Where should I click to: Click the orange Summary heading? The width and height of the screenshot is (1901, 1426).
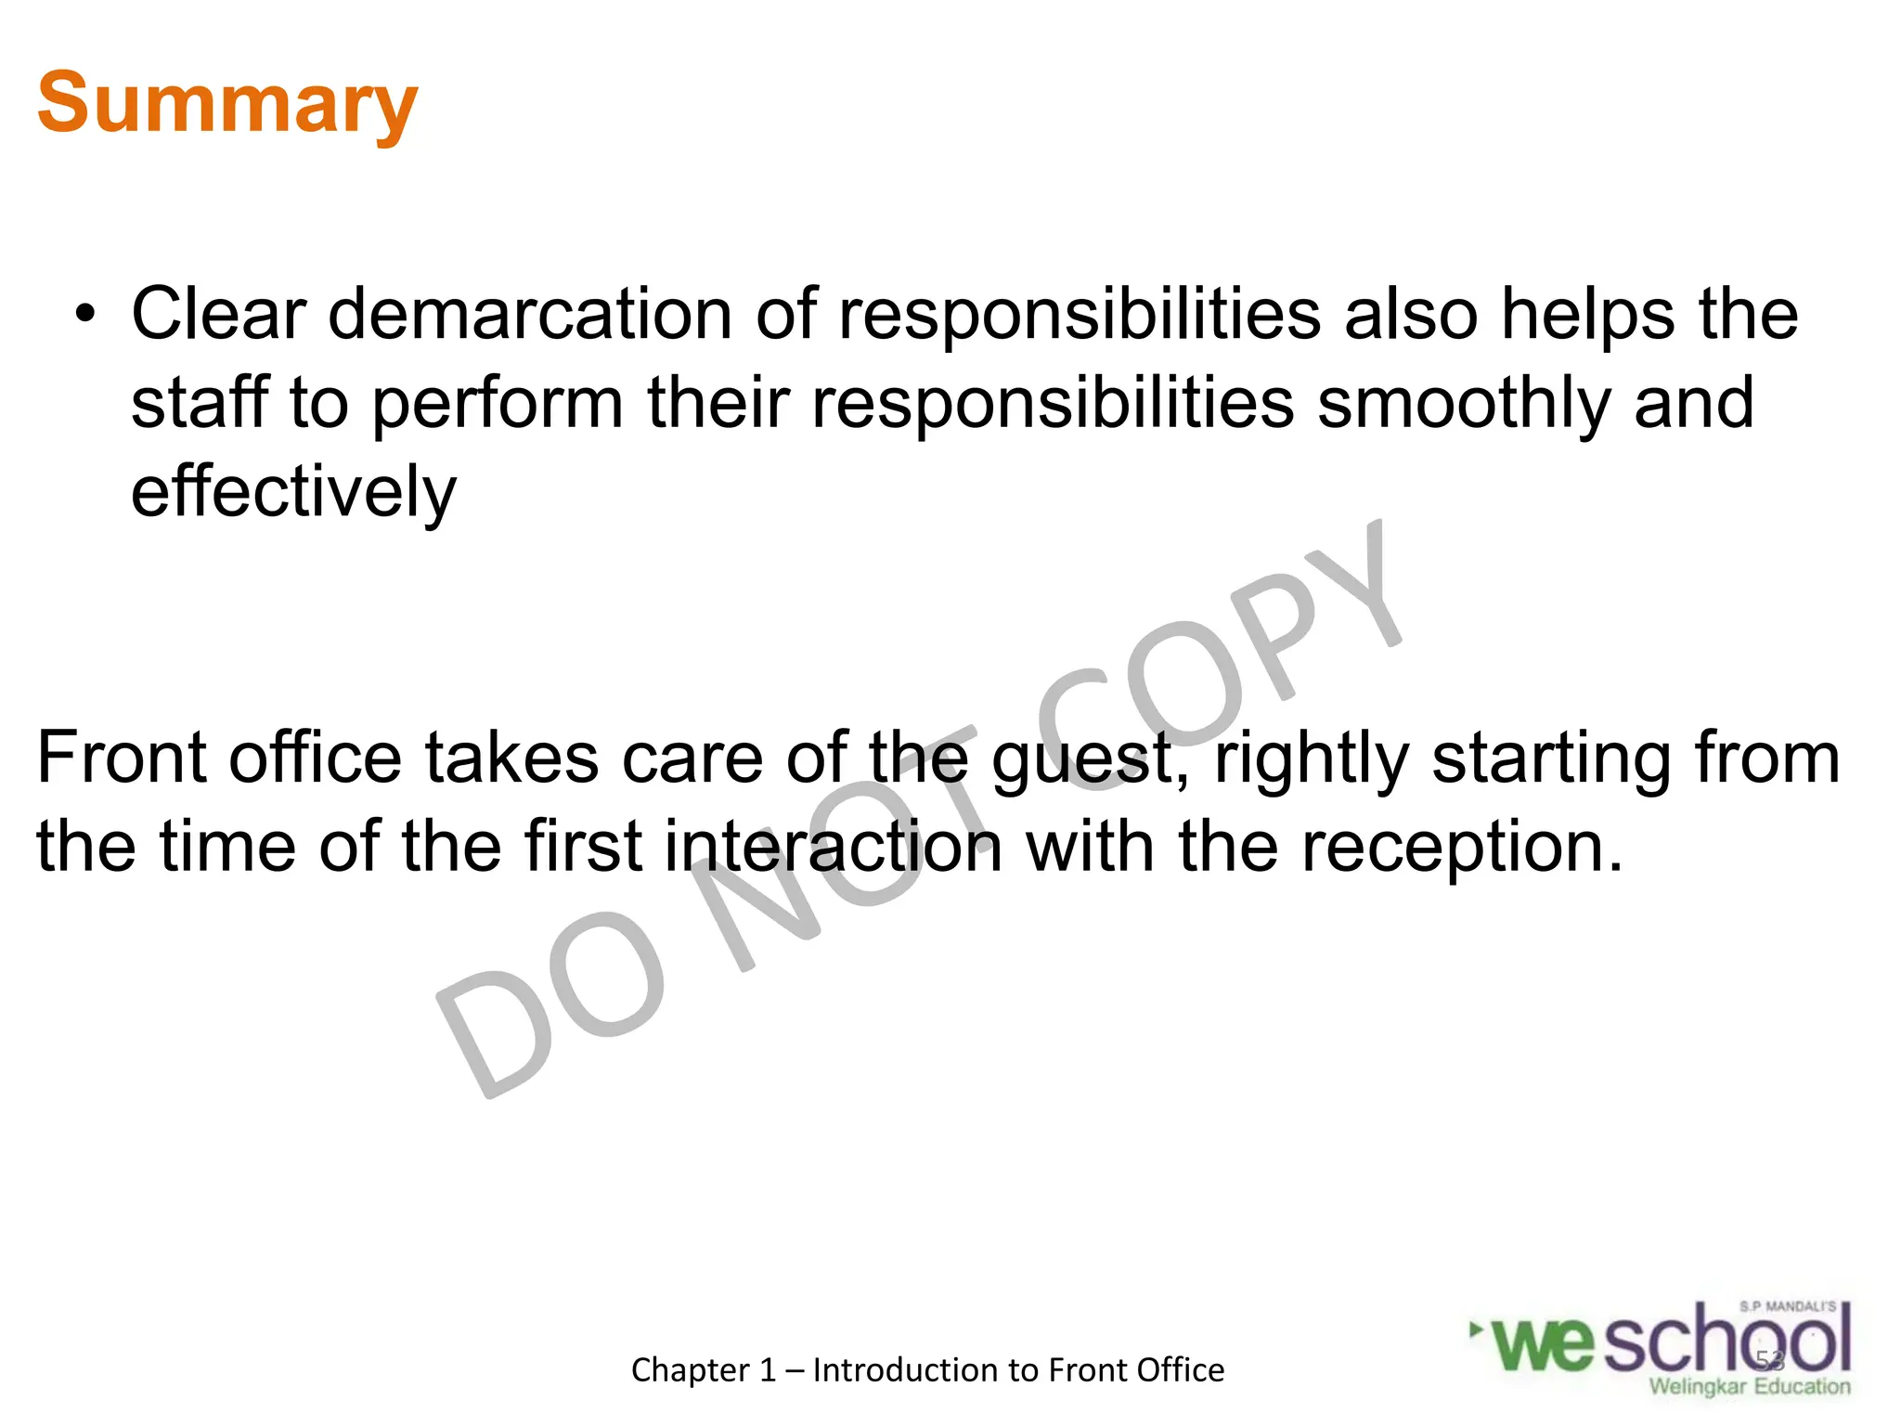[227, 104]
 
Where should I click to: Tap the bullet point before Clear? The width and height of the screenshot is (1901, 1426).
[85, 316]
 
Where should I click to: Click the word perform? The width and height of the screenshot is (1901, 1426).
[498, 404]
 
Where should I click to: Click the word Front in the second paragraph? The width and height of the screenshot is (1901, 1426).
[121, 758]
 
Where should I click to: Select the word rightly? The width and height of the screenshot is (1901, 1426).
[1312, 759]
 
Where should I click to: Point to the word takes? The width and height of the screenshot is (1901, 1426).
[511, 758]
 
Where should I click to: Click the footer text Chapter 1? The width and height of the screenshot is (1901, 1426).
[703, 1370]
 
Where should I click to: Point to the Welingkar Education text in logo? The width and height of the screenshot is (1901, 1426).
[1750, 1387]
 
